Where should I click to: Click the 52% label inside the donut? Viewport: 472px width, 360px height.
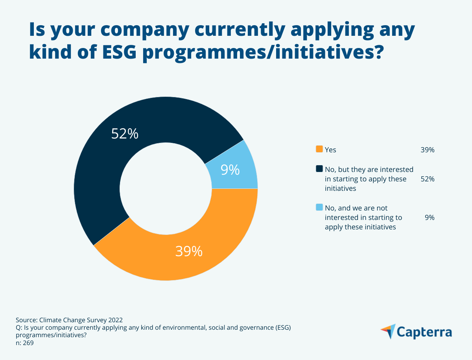pos(125,134)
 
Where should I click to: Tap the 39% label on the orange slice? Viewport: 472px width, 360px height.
pos(189,251)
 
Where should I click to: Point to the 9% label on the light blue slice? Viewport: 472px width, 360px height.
pos(230,170)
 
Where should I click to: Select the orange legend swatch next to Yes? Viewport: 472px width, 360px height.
pos(319,149)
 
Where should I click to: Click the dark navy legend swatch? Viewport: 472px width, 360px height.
pos(319,169)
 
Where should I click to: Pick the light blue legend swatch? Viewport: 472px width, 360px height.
pos(319,207)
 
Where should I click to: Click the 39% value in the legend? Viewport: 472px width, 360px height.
pos(428,150)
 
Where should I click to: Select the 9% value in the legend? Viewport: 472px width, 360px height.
pos(430,217)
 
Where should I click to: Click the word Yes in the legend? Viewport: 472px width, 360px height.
pos(330,150)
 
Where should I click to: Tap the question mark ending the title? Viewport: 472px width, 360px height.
pos(377,52)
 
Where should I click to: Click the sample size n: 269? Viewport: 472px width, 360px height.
pos(25,343)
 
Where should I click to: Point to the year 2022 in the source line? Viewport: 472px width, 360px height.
pos(120,319)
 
